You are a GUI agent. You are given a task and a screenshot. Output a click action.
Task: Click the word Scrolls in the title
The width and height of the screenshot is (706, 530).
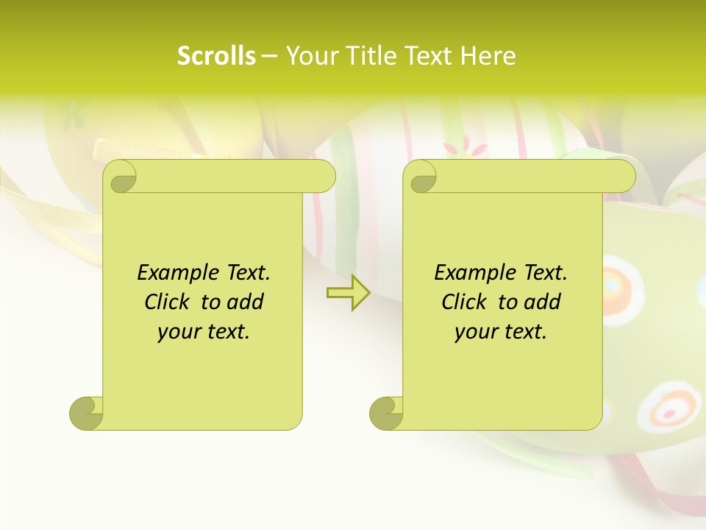216,56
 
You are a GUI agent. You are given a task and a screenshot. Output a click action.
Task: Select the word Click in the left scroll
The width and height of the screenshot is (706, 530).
169,303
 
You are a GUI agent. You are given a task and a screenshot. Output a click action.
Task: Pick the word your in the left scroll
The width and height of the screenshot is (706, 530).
177,332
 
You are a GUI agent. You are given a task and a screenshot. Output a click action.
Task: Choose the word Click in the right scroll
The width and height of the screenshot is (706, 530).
466,303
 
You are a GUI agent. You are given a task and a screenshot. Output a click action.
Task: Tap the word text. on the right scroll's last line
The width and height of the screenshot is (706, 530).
524,332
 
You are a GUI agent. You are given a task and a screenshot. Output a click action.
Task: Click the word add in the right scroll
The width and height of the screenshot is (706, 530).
542,303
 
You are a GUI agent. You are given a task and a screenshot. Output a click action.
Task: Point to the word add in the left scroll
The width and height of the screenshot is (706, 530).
245,303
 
